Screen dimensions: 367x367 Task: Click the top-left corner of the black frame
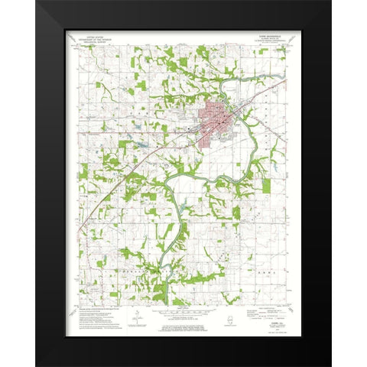37,2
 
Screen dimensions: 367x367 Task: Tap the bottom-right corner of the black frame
330,365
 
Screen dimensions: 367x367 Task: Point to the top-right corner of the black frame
330,2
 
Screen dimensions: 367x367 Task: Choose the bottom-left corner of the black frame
37,365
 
